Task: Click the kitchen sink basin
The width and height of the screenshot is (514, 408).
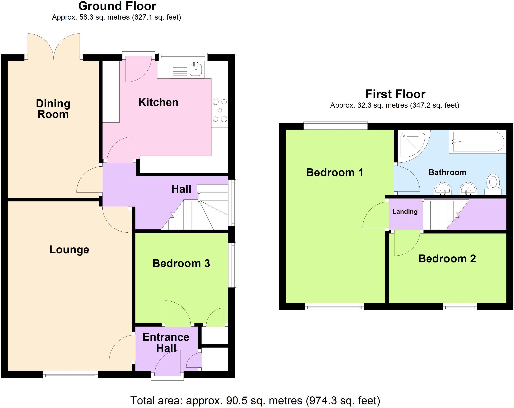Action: tap(196, 70)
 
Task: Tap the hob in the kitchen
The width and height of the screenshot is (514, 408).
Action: tap(220, 110)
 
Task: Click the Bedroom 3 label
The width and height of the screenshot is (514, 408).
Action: tap(181, 263)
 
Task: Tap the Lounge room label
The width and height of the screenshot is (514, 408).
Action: tap(69, 250)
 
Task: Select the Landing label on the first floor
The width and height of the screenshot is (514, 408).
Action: tap(405, 212)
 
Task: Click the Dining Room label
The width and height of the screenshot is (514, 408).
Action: tap(53, 109)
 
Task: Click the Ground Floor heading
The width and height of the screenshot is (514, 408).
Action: tap(117, 6)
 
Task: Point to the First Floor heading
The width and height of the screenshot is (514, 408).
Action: tap(395, 94)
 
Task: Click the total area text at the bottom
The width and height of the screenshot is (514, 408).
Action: tap(255, 401)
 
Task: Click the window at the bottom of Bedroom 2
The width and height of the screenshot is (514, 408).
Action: tap(460, 307)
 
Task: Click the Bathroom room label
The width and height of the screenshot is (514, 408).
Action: tap(447, 172)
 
